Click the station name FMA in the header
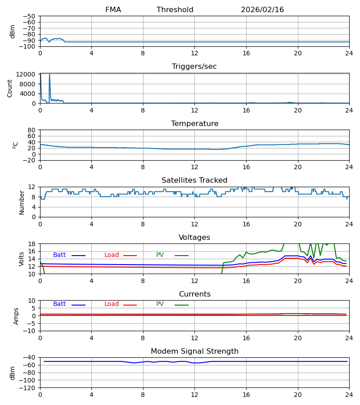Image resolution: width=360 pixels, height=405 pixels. [113, 10]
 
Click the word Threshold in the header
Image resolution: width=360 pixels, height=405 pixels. [175, 10]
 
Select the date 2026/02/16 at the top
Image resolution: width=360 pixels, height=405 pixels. [262, 10]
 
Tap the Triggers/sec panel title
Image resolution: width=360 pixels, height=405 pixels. [194, 67]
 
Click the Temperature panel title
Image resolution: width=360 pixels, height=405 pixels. [194, 124]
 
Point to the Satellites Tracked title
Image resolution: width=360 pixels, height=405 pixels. [194, 180]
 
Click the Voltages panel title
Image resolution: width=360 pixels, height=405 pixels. [194, 238]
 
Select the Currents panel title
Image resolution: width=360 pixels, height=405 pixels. [194, 294]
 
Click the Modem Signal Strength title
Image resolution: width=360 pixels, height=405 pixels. [194, 351]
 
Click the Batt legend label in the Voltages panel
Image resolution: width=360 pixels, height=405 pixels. [59, 255]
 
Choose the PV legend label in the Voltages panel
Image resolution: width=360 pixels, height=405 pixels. [160, 255]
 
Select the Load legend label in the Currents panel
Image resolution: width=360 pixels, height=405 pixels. [112, 304]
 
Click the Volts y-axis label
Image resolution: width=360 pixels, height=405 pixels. [22, 259]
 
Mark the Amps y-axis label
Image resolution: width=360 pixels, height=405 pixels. [17, 316]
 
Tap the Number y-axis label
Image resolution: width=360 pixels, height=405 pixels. [22, 202]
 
